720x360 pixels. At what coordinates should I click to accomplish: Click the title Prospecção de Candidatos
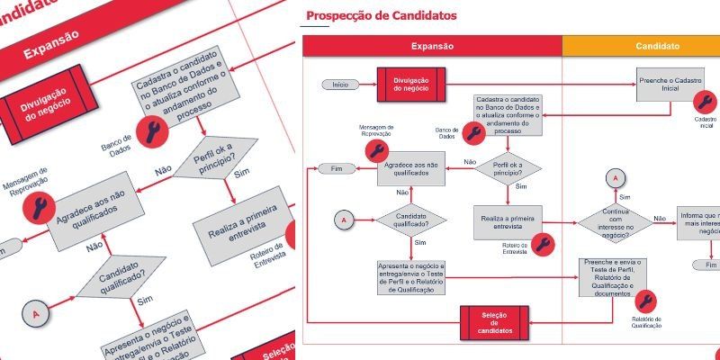coord(381,16)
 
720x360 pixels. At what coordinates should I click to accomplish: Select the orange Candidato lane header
coord(657,46)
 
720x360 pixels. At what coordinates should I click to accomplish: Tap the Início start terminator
coord(340,85)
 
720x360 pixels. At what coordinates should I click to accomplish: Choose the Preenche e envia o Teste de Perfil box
coord(616,277)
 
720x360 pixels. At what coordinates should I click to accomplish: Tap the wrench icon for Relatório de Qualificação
coord(645,301)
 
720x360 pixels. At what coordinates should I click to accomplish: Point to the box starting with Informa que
coord(700,222)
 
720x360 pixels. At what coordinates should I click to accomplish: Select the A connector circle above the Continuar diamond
coord(616,177)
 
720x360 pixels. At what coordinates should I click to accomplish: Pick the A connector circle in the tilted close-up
coord(36,314)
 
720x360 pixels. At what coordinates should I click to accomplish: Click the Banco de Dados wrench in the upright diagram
coord(473,133)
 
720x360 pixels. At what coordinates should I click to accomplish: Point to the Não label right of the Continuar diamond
coord(660,219)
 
